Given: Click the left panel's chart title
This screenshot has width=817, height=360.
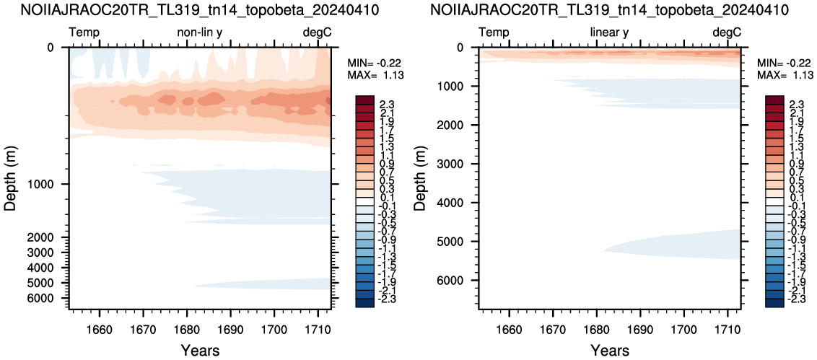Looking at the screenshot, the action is point(205,10).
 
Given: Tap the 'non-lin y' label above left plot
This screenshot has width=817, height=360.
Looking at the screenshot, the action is point(201,33).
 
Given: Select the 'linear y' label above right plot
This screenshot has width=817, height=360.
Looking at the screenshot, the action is point(609,33).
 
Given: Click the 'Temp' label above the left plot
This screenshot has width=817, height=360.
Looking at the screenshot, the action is point(84,33).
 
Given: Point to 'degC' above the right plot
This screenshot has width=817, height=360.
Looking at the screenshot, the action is point(726,33).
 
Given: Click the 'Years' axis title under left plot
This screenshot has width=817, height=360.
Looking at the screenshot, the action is point(201,349).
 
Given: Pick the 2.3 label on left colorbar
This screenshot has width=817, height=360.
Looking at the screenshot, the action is point(389,104).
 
